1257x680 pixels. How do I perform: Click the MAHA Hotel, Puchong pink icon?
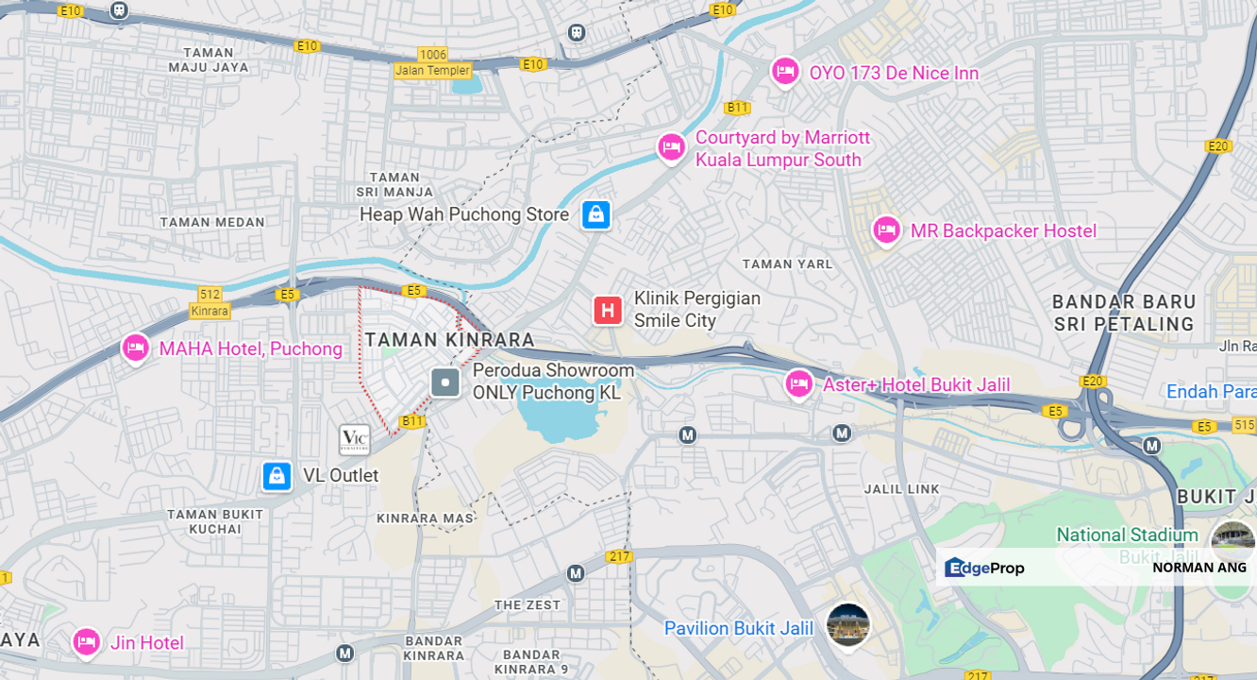pos(135,348)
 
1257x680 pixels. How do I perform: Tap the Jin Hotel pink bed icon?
pos(86,642)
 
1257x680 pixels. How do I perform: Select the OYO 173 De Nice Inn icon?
pos(784,71)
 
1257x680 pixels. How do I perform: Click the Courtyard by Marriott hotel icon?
pos(671,147)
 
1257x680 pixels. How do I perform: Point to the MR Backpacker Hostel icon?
pos(885,229)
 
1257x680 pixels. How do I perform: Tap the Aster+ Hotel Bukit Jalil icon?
pos(798,383)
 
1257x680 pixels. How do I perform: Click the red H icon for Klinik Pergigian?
pos(608,310)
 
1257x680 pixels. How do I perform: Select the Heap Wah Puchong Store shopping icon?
pos(595,215)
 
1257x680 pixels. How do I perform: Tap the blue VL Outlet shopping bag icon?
pos(277,476)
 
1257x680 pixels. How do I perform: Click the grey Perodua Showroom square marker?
pos(445,382)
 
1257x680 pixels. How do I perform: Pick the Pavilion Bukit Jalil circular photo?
pos(846,625)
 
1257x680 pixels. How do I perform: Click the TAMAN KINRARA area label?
pos(449,339)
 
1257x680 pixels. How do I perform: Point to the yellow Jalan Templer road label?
pos(433,71)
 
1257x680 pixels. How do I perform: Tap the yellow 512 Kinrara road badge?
pos(209,302)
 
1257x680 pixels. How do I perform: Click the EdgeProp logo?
pos(983,568)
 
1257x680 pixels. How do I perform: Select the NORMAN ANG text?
pos(1198,568)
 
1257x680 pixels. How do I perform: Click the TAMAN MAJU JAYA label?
pos(209,60)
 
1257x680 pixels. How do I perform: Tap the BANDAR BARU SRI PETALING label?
pos(1123,313)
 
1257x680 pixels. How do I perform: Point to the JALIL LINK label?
pos(902,489)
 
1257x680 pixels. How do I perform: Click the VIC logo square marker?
pos(355,438)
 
